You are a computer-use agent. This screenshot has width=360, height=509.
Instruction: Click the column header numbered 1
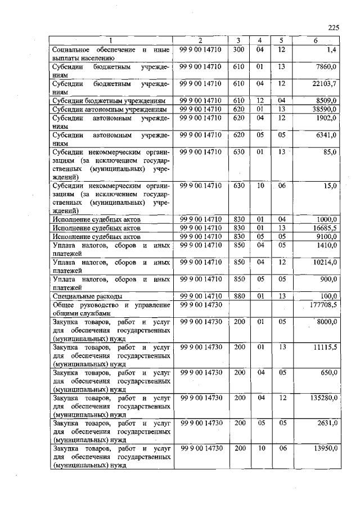[x=111, y=40]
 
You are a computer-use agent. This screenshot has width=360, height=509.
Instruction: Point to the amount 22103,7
[x=324, y=84]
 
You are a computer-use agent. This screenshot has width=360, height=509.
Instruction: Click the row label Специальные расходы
[x=87, y=296]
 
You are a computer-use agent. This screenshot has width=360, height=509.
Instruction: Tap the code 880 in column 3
[x=238, y=296]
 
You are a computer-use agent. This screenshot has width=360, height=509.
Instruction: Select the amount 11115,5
[x=324, y=348]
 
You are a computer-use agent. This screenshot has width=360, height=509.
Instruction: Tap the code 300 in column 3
[x=238, y=50]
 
